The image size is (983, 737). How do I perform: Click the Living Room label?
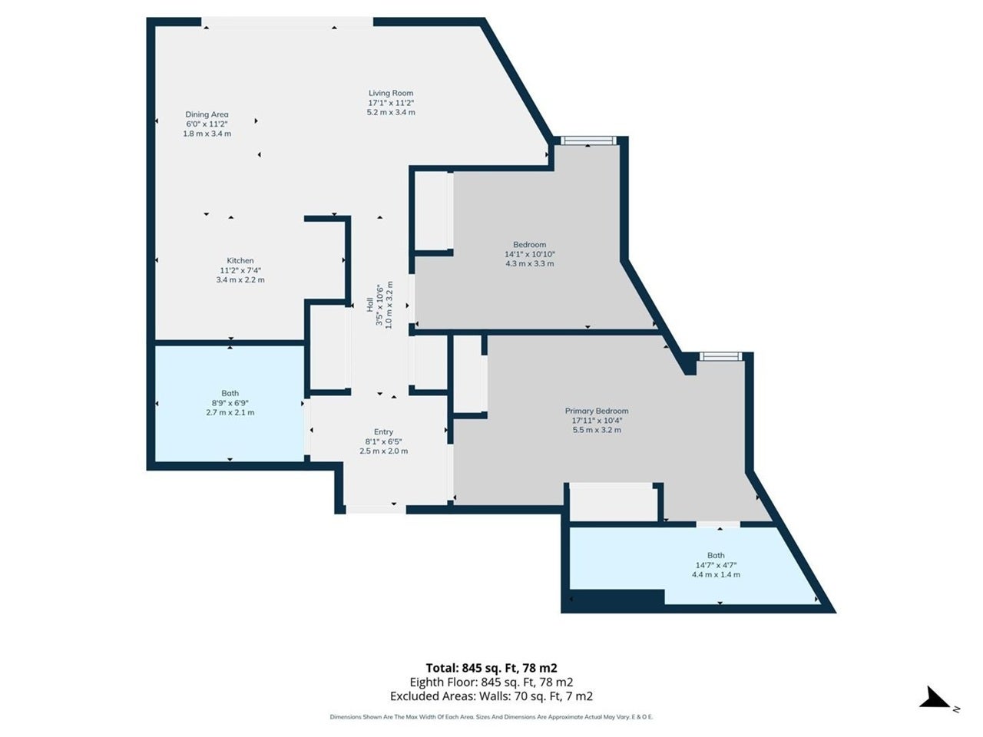pos(391,93)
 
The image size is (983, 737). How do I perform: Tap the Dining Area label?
pos(207,114)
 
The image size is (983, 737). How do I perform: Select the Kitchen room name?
pos(240,260)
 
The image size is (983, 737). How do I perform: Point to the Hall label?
pos(370,305)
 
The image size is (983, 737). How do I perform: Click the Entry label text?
pos(383,431)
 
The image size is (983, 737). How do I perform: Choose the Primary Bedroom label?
pos(597,411)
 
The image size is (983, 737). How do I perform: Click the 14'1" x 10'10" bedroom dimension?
pos(529,254)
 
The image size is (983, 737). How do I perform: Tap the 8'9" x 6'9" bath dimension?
pos(230,403)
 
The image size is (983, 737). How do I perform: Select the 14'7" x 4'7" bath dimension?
pos(716,565)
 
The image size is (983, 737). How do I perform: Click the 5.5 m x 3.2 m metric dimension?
pos(597,430)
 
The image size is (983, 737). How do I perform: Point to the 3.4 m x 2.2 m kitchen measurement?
pos(240,280)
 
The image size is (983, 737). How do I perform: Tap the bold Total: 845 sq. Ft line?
pos(491,668)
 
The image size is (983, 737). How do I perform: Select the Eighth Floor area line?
pos(491,682)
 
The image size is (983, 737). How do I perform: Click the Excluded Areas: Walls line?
pos(491,696)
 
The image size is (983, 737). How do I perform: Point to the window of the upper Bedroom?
pos(587,141)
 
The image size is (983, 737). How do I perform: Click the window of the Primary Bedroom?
pos(720,357)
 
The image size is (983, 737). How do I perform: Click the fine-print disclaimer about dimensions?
pos(491,717)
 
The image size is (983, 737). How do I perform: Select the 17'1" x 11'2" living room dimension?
pos(391,102)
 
